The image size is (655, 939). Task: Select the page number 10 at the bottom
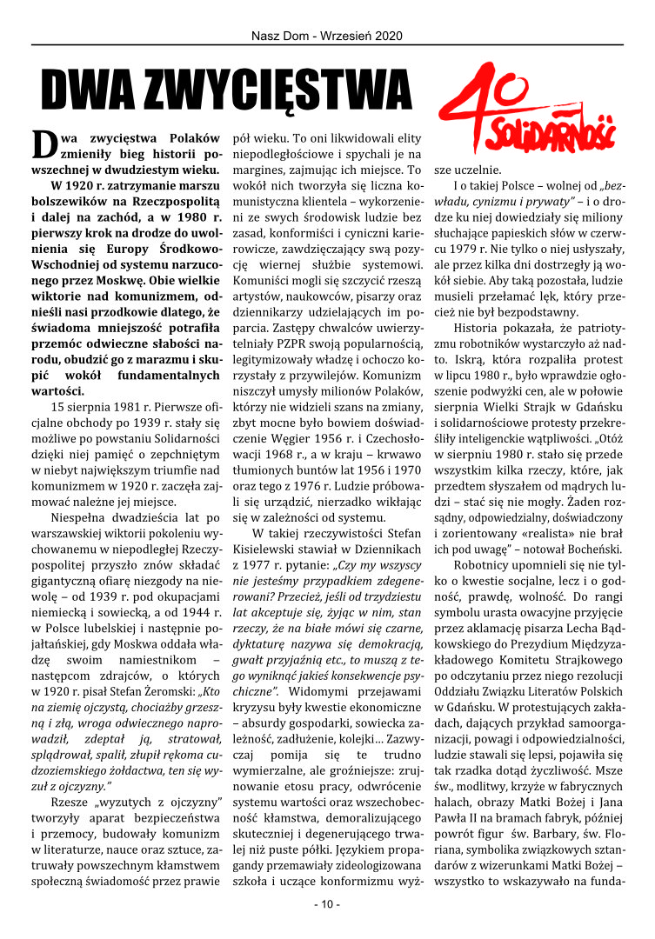(x=327, y=904)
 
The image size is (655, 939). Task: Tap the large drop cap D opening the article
(x=44, y=144)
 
